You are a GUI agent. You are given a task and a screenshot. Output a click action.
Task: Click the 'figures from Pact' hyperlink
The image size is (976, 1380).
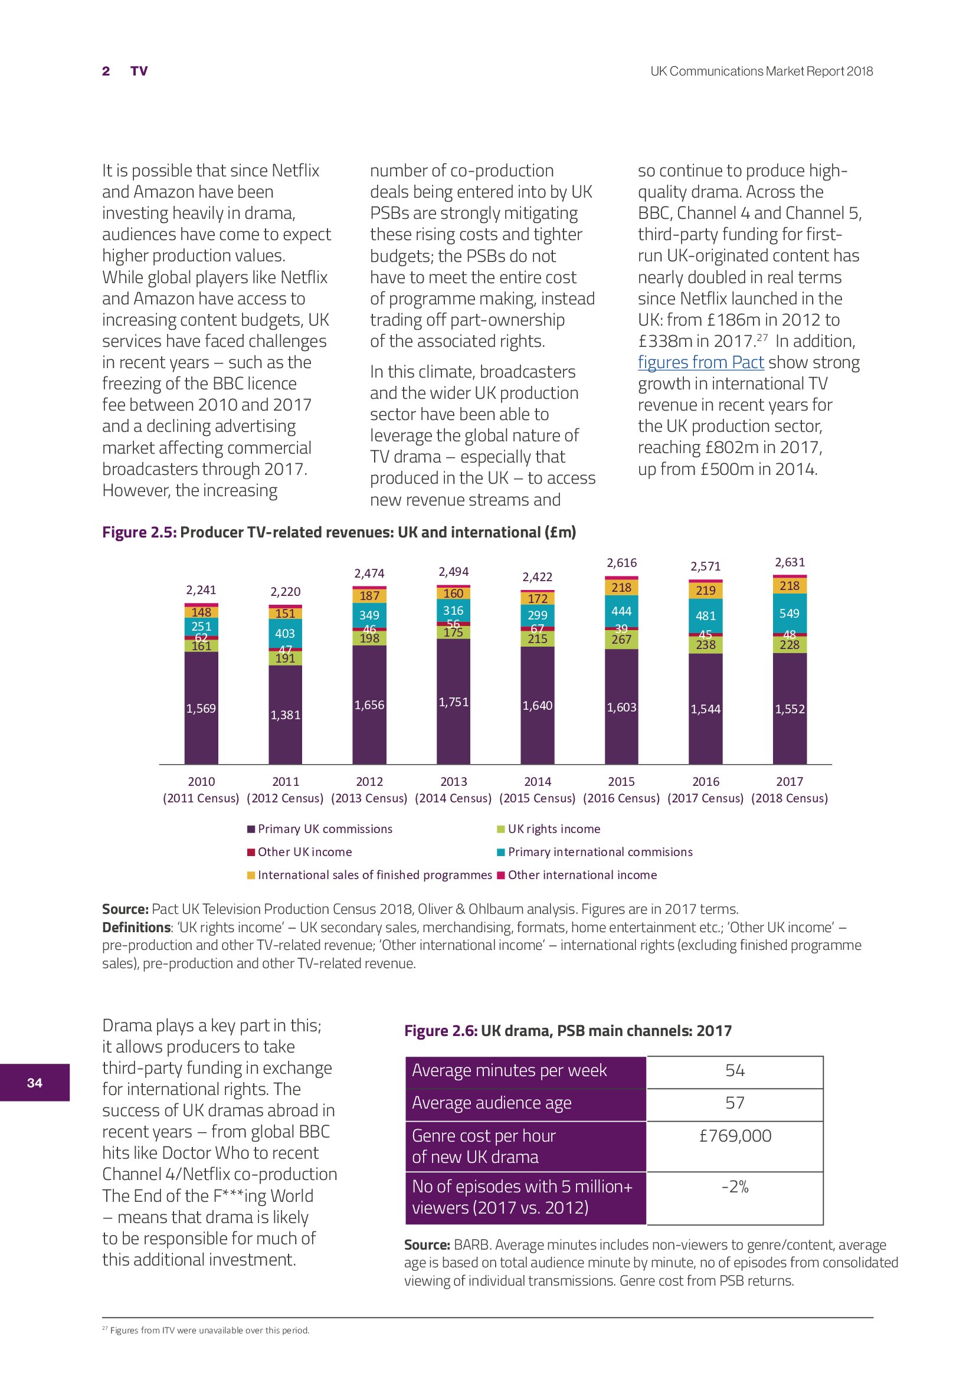point(700,362)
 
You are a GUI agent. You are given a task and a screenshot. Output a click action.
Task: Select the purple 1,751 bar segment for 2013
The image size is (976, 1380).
point(453,702)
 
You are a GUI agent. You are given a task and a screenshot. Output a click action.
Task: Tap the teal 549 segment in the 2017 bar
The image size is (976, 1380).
point(789,613)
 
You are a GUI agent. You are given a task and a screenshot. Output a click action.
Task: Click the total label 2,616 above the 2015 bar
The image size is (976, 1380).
point(621,563)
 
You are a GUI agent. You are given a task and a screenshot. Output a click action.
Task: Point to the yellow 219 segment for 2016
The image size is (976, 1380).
point(705,590)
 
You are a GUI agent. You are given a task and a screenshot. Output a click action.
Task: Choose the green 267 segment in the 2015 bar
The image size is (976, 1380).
point(621,640)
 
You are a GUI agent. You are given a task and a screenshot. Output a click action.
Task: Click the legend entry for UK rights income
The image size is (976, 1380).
point(553,829)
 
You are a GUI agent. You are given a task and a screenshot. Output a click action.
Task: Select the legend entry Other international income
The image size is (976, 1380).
point(582,874)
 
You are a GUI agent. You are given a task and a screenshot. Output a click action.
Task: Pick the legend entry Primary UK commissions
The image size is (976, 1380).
point(325,829)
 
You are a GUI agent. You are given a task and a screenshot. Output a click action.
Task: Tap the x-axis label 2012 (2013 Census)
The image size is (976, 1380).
point(369,790)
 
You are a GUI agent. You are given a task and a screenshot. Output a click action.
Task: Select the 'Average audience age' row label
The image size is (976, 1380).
point(491,1103)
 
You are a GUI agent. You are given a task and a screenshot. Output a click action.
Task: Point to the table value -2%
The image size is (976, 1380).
point(735,1186)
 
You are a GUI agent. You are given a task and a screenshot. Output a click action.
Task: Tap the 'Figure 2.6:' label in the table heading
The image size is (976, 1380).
point(441,1031)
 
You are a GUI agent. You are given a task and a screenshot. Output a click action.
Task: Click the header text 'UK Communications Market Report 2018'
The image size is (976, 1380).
point(761,71)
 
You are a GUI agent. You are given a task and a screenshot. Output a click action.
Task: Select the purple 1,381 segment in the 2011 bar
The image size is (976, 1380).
point(285,714)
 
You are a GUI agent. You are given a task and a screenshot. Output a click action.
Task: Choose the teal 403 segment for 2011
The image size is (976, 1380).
point(285,633)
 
